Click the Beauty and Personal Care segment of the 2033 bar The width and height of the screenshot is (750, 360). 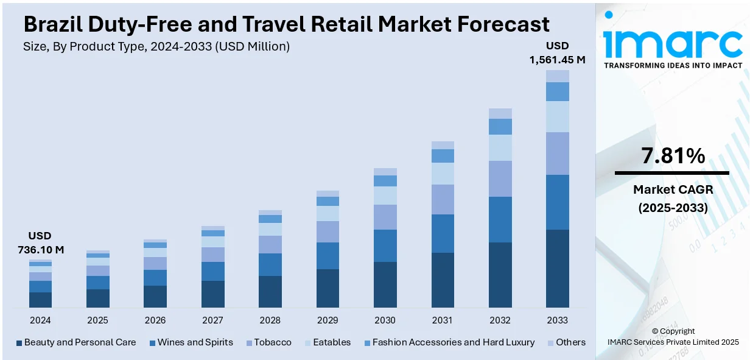[557, 268]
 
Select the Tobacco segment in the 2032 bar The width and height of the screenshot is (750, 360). [500, 178]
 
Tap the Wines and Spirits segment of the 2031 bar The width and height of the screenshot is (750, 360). [443, 233]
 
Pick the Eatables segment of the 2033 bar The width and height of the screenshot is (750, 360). [557, 116]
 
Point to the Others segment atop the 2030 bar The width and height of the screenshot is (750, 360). [385, 172]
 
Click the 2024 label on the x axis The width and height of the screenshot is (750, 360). [40, 320]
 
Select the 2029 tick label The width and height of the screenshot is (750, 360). [328, 320]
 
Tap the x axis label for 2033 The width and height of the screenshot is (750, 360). [557, 320]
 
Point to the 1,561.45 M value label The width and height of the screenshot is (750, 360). [557, 60]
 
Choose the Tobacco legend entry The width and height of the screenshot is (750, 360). [272, 342]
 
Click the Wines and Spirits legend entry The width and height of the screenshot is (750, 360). [195, 342]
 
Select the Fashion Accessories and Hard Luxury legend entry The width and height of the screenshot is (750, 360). [453, 342]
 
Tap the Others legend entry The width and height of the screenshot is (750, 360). [570, 342]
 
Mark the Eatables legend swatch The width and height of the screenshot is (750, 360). [306, 343]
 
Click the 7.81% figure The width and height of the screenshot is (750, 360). [673, 157]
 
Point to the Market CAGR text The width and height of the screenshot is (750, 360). [673, 189]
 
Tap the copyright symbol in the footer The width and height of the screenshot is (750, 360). [655, 331]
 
